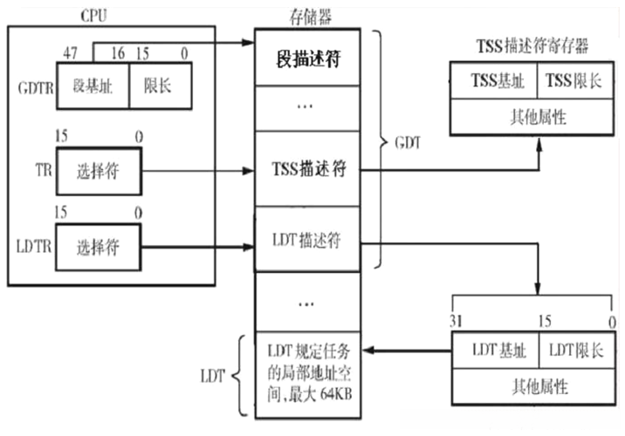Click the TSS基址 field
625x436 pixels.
point(492,80)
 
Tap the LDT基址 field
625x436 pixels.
point(494,351)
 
